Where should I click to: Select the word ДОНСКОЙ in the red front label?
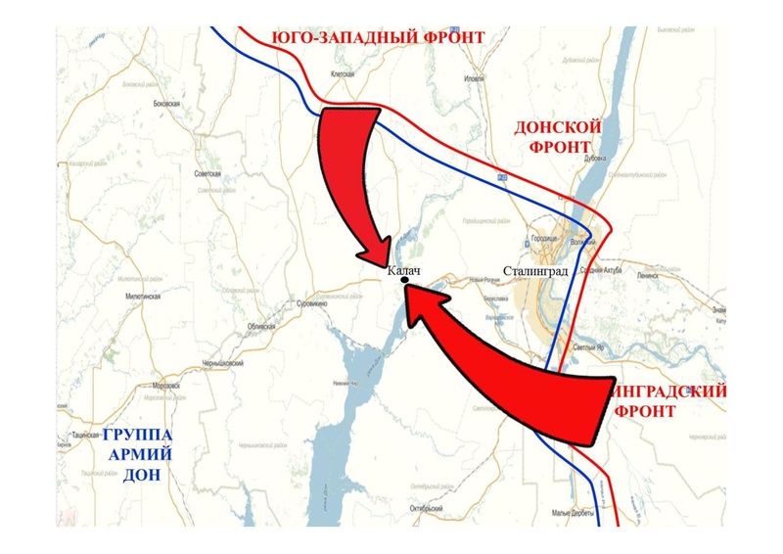point(558,128)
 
